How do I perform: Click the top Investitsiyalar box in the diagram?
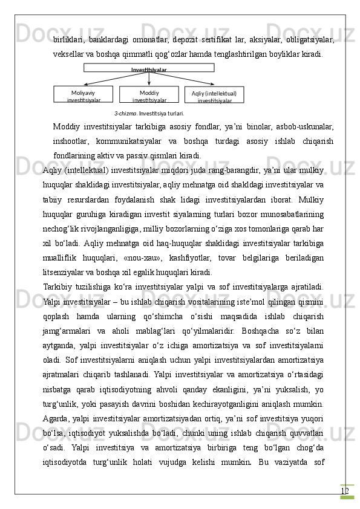149,68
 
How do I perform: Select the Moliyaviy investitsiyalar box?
83,95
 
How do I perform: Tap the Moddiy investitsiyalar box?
149,95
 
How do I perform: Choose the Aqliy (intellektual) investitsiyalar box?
214,96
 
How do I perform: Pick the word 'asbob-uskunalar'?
303,128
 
